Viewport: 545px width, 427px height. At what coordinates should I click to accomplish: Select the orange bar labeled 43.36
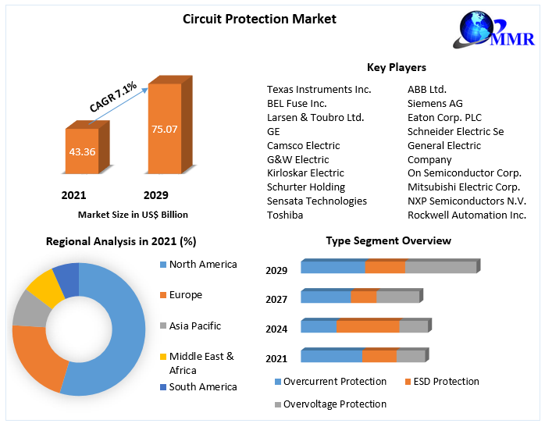pyautogui.click(x=82, y=151)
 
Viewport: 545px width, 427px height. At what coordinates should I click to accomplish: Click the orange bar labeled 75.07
pyautogui.click(x=165, y=129)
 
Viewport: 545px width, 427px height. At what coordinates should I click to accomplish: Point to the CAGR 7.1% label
pyautogui.click(x=112, y=97)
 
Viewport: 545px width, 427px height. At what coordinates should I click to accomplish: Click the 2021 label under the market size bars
pyautogui.click(x=74, y=195)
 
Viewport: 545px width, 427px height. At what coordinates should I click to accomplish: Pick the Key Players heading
pyautogui.click(x=396, y=67)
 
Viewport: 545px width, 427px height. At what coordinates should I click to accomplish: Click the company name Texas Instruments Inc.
pyautogui.click(x=319, y=89)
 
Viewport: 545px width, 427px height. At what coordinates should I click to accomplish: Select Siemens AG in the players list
pyautogui.click(x=435, y=103)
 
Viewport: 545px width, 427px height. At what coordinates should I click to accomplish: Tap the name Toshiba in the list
pyautogui.click(x=285, y=215)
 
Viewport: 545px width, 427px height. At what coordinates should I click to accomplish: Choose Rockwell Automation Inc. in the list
pyautogui.click(x=467, y=215)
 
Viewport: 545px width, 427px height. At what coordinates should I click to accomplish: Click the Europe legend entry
pyautogui.click(x=185, y=295)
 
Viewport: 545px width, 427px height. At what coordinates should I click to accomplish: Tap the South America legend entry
pyautogui.click(x=202, y=386)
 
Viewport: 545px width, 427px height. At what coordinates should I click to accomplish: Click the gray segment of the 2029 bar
pyautogui.click(x=440, y=267)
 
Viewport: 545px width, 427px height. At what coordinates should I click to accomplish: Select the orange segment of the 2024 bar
pyautogui.click(x=368, y=326)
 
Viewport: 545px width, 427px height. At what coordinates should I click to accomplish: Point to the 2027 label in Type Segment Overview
pyautogui.click(x=276, y=300)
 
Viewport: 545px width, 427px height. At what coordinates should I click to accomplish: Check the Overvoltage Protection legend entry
pyautogui.click(x=334, y=404)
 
